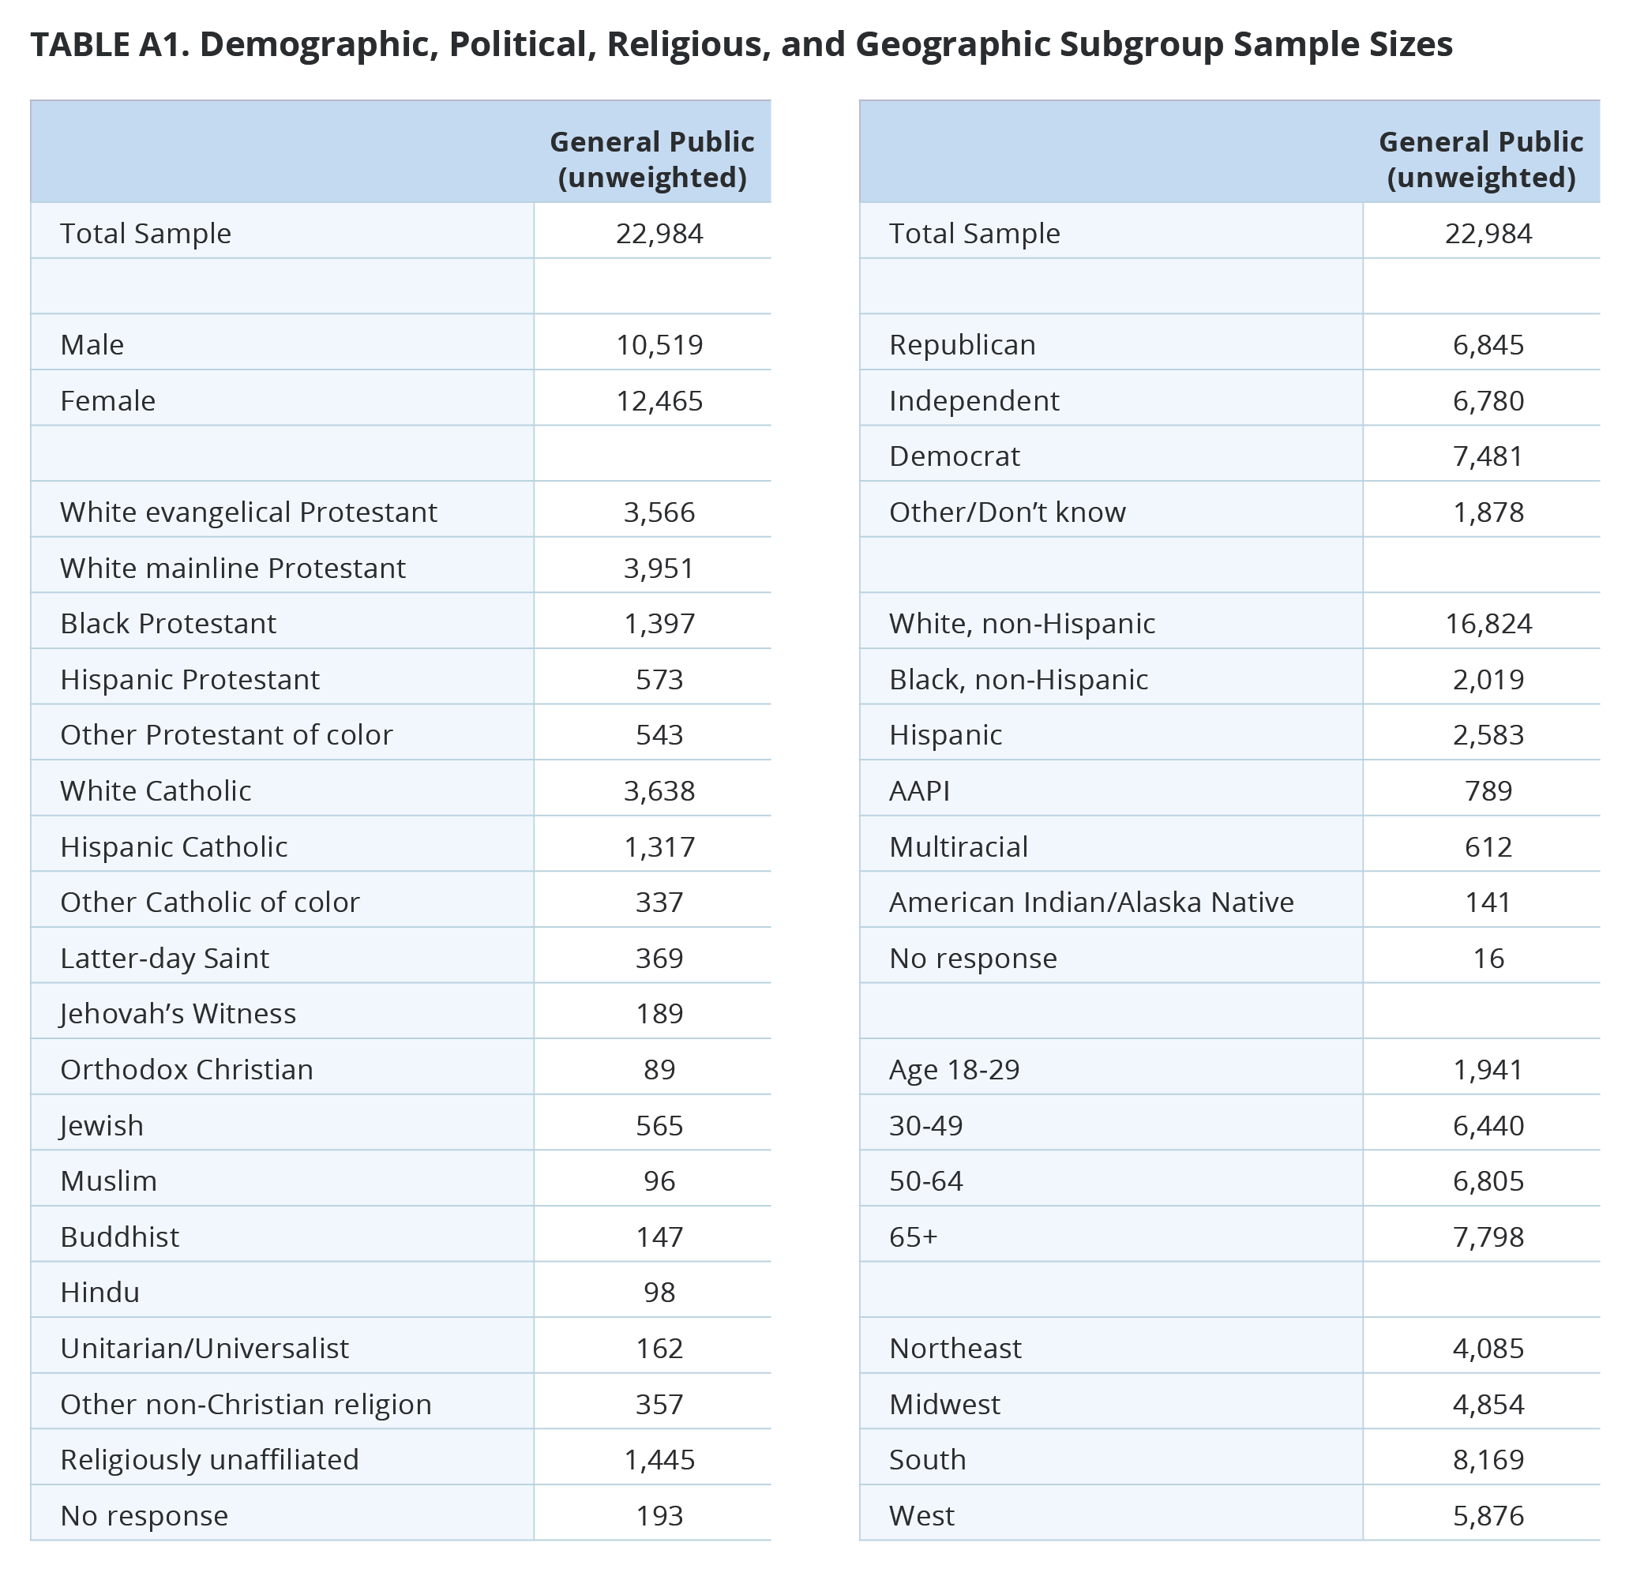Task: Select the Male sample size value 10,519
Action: pos(659,344)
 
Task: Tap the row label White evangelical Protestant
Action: pos(249,512)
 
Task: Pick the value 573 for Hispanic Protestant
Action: pos(659,679)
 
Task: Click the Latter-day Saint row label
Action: pos(164,959)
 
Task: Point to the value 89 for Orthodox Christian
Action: pos(659,1070)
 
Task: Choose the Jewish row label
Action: pos(101,1125)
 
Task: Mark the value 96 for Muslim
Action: pos(659,1181)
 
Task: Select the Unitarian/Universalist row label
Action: pos(205,1348)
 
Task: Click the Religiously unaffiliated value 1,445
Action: pos(659,1459)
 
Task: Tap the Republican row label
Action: pos(963,344)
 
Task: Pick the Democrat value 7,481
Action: pos(1488,456)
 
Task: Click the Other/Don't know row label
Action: pos(1008,512)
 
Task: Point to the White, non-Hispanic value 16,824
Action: pos(1488,623)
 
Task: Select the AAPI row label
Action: pos(919,790)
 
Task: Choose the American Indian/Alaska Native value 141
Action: pos(1488,903)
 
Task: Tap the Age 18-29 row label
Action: pos(954,1070)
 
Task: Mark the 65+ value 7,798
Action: pos(1488,1237)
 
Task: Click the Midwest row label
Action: pos(945,1404)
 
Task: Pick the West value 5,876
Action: pos(1488,1515)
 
